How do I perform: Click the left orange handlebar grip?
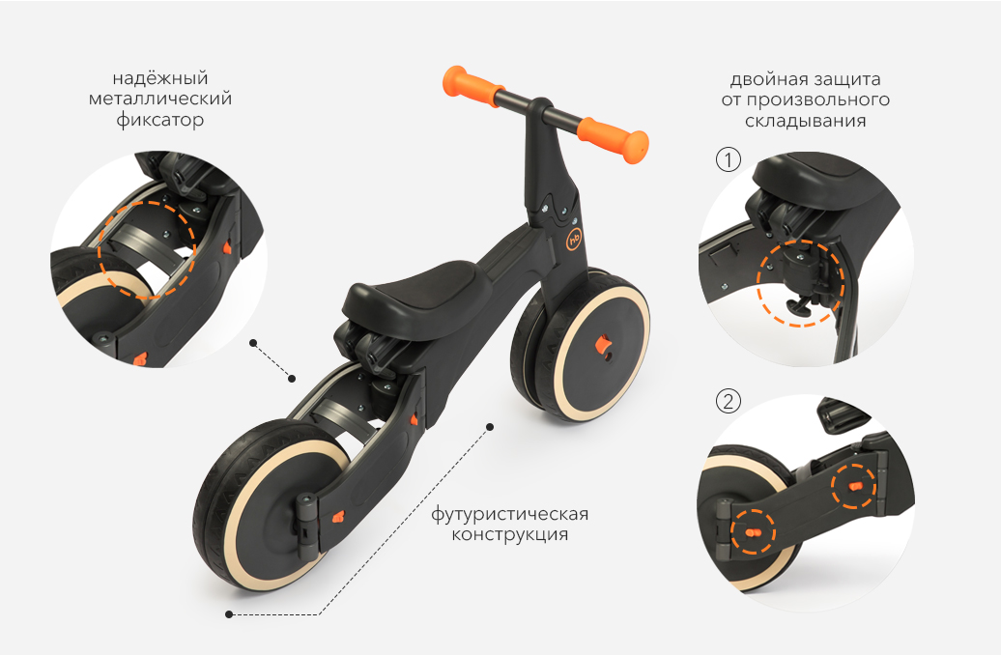click(473, 84)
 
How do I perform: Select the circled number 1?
click(728, 159)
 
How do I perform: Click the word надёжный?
click(160, 78)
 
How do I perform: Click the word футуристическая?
click(509, 513)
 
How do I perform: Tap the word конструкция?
click(509, 534)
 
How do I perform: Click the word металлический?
click(160, 100)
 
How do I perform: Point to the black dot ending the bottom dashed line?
click(229, 613)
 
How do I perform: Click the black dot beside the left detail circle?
click(252, 342)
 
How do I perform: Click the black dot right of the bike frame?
click(490, 426)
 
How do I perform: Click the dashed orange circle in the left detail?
click(147, 248)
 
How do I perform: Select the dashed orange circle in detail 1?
click(801, 282)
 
